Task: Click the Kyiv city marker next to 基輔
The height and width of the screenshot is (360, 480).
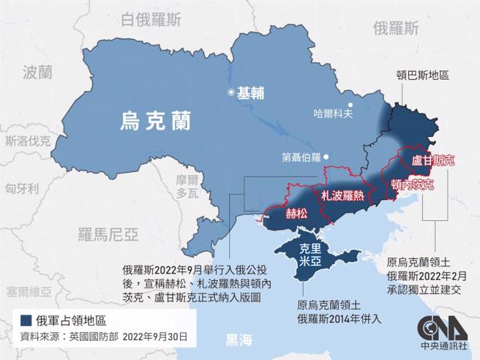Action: point(232,93)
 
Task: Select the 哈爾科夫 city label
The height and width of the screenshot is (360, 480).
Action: point(333,113)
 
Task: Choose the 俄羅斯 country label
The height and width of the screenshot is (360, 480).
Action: point(396,29)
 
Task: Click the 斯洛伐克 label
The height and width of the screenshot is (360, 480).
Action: point(27,141)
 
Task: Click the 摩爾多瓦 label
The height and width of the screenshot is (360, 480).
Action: point(187,187)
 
